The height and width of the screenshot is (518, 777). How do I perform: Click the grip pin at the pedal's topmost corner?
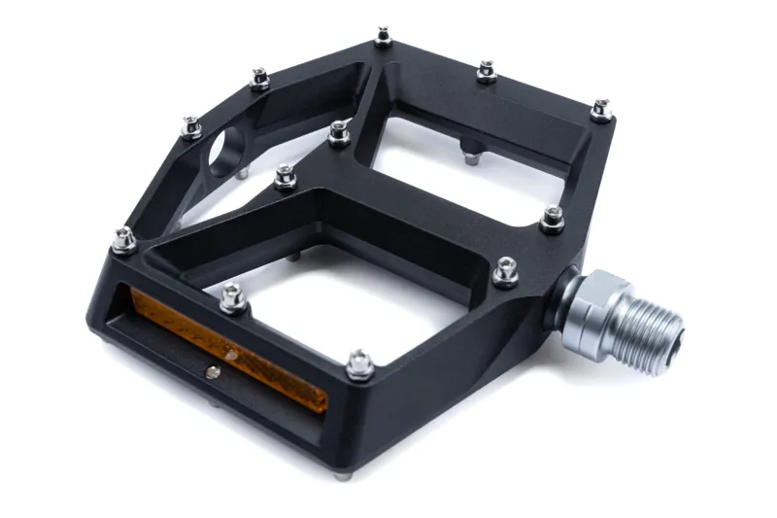tap(384, 38)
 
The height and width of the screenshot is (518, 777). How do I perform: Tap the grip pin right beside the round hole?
tap(192, 126)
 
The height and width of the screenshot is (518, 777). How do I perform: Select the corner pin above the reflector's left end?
tap(123, 239)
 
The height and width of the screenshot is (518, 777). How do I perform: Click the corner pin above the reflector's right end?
tap(359, 364)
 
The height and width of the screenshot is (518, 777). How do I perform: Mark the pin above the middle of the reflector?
tap(233, 297)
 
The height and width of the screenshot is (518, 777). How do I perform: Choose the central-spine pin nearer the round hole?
tap(285, 176)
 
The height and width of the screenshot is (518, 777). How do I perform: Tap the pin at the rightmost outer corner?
tap(602, 109)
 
